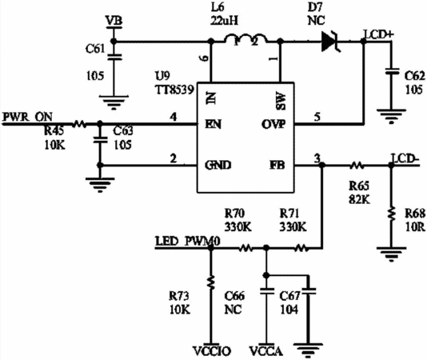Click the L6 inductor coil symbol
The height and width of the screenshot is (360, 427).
[245, 39]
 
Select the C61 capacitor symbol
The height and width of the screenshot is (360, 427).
[114, 58]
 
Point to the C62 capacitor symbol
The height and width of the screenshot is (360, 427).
[391, 71]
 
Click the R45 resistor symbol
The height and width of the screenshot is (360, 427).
[79, 124]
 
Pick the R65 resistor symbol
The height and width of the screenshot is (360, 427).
[357, 165]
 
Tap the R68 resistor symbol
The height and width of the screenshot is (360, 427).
[391, 214]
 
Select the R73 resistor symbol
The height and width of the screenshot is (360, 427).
[210, 282]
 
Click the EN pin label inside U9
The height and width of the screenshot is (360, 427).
[213, 124]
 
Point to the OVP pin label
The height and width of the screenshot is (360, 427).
[273, 124]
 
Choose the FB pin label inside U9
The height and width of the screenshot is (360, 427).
[277, 165]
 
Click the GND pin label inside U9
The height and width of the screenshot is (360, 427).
[217, 165]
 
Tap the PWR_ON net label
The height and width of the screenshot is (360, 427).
[27, 117]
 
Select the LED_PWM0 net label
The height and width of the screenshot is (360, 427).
[188, 242]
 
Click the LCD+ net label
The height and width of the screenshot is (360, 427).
[379, 35]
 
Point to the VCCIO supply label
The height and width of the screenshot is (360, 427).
[212, 351]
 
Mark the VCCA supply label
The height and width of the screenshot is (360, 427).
[266, 351]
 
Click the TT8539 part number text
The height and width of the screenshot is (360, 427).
[174, 90]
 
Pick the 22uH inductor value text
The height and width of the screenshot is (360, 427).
[225, 20]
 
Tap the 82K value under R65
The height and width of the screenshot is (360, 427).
[359, 200]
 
